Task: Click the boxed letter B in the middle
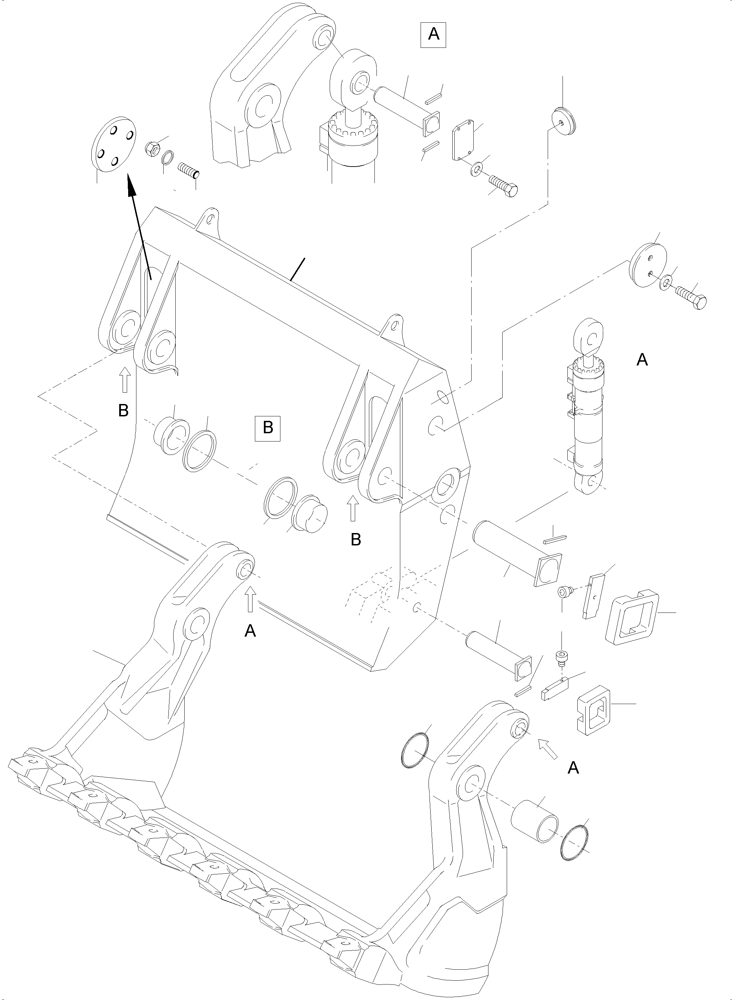pos(268,428)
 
